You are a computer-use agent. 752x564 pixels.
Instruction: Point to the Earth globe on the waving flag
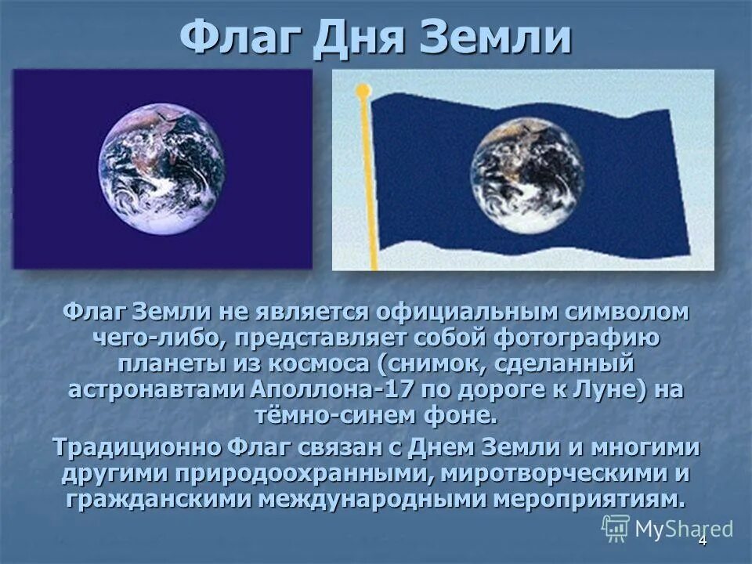point(527,174)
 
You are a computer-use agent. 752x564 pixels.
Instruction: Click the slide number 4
point(702,541)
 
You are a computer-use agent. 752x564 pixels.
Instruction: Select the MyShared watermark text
point(684,529)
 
